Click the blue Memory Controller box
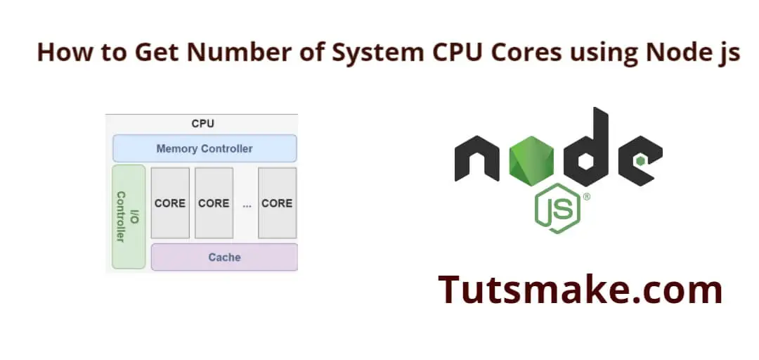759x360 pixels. [x=205, y=148]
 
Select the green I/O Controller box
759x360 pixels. [x=129, y=217]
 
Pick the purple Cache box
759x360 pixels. [x=225, y=257]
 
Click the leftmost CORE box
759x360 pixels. [x=170, y=203]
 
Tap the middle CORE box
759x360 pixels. [x=214, y=203]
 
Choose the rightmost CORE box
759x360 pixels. [x=278, y=203]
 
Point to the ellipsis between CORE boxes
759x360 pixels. [x=247, y=205]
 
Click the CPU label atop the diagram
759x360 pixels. [x=203, y=124]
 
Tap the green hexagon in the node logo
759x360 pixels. [x=531, y=161]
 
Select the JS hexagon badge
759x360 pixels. [x=557, y=208]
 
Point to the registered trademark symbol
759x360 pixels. [x=587, y=197]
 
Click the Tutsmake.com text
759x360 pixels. [x=580, y=289]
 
